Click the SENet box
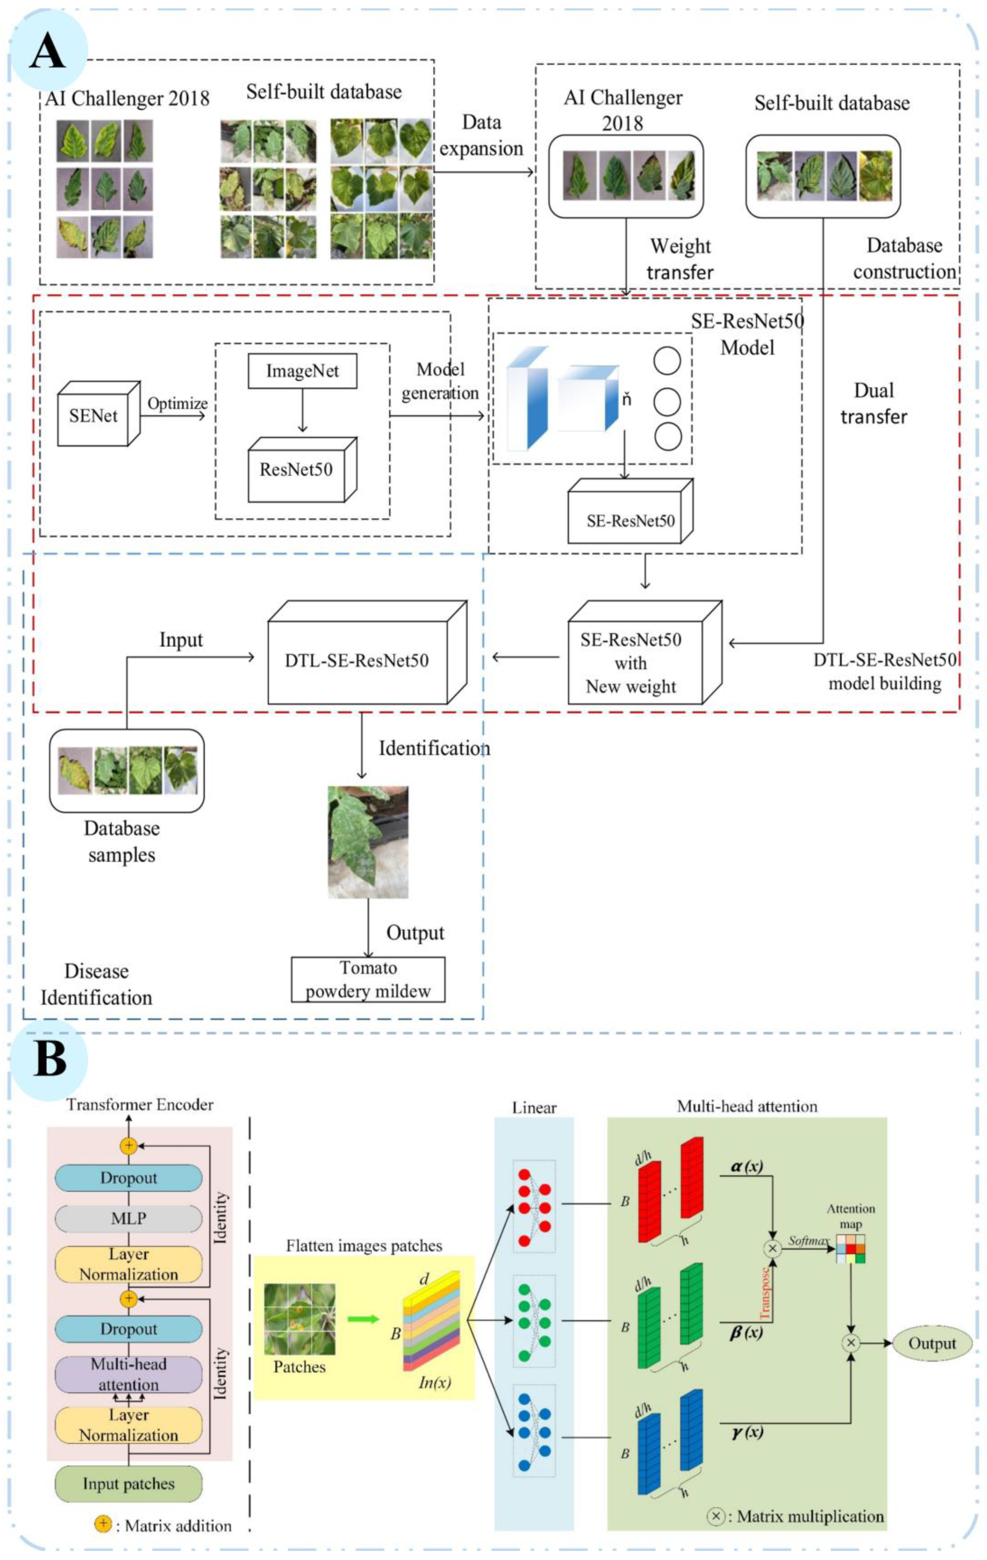(99, 413)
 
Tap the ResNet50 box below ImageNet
(302, 469)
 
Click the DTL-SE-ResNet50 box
(367, 652)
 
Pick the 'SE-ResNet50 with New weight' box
(644, 652)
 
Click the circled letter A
(49, 50)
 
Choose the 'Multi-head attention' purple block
(128, 1374)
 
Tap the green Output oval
(932, 1343)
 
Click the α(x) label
(747, 1166)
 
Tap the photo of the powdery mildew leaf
(368, 841)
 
